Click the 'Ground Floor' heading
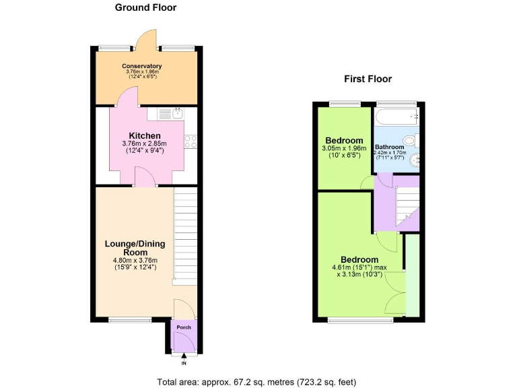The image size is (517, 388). click(x=146, y=8)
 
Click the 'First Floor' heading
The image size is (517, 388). click(x=368, y=79)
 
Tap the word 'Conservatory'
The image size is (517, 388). click(x=141, y=66)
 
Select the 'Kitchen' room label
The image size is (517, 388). click(x=145, y=135)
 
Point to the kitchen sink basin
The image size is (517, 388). click(x=178, y=112)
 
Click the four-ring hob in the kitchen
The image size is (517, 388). click(x=190, y=142)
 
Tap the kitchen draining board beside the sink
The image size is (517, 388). click(x=164, y=114)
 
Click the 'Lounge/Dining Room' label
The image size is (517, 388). click(x=135, y=248)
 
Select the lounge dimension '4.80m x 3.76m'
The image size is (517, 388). click(x=135, y=261)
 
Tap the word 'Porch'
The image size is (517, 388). click(x=183, y=327)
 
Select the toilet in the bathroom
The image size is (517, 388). click(x=417, y=140)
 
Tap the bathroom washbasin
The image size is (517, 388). click(x=417, y=160)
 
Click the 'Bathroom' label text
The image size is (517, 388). click(x=389, y=147)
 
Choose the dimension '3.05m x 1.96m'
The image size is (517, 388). click(x=343, y=149)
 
